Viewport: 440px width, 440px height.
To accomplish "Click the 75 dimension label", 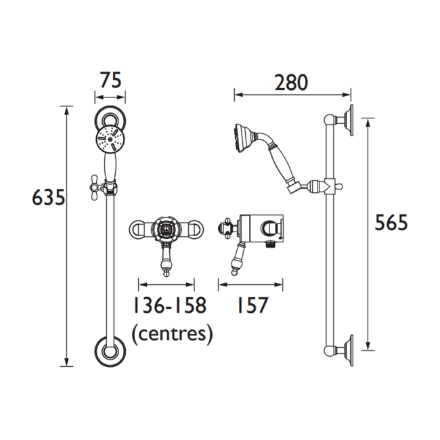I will (110, 81).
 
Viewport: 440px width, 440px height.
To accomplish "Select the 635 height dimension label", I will (49, 198).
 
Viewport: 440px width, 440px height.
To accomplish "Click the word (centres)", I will (172, 332).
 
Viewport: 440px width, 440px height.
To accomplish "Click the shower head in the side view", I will (244, 135).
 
